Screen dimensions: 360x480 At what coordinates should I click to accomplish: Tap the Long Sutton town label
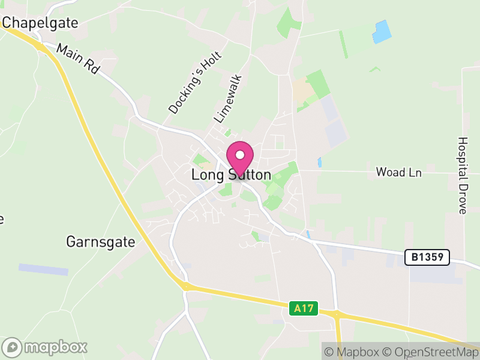coord(231,175)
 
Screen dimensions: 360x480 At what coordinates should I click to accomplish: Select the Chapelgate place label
coord(40,23)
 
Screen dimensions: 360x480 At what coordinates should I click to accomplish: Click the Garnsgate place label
coord(100,242)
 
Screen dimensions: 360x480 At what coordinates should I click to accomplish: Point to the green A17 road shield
coord(303,308)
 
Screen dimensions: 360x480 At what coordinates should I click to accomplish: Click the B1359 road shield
coord(427,257)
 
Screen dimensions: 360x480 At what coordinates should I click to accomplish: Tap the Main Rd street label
coord(78,58)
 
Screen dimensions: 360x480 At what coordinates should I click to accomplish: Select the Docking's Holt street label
coord(195,83)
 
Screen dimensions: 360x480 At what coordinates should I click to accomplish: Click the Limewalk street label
coord(228,98)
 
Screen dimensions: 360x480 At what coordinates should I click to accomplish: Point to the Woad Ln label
coord(398,172)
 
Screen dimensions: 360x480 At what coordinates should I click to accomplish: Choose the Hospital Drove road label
coord(463,175)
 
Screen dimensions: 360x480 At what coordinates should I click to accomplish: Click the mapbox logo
coord(45,347)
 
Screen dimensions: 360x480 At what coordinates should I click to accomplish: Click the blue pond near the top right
coord(382,32)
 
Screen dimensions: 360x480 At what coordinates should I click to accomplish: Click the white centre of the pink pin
coord(240,154)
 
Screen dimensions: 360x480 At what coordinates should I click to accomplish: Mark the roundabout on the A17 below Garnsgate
coord(185,287)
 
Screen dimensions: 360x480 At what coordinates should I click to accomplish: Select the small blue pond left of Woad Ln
coord(320,162)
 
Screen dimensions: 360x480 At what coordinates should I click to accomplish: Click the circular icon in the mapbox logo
coord(13,347)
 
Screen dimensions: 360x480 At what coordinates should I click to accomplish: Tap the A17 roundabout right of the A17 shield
coord(337,314)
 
